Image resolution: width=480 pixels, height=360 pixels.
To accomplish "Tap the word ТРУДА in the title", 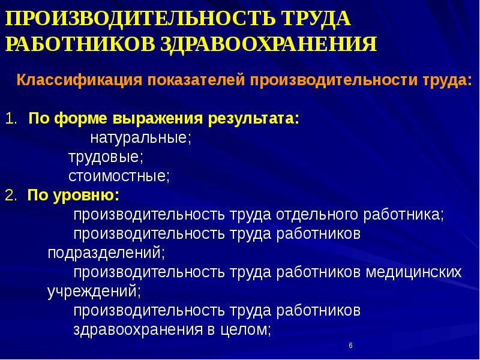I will click(313, 18).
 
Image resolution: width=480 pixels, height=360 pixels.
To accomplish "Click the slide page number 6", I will click(350, 347).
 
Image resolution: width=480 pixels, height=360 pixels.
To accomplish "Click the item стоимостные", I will click(119, 176).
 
